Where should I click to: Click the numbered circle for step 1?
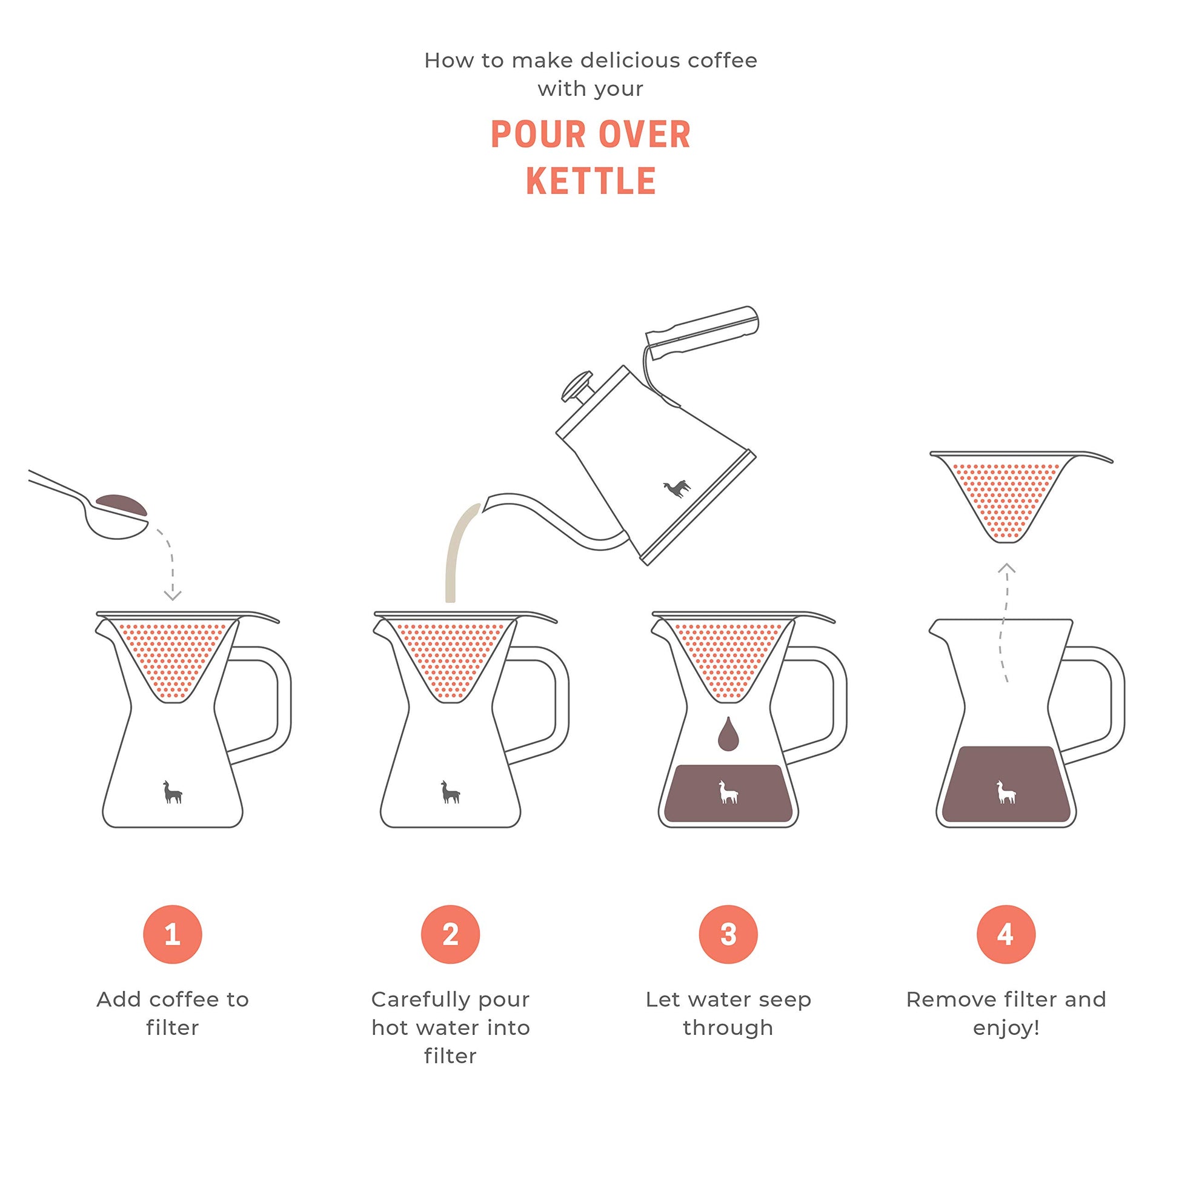pyautogui.click(x=173, y=934)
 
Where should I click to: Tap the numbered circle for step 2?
pyautogui.click(x=450, y=934)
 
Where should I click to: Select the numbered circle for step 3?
pyautogui.click(x=728, y=934)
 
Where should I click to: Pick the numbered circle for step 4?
pyautogui.click(x=1006, y=934)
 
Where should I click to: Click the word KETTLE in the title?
pyautogui.click(x=591, y=181)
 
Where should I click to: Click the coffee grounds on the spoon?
pyautogui.click(x=121, y=505)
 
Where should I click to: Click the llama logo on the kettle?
pyautogui.click(x=677, y=488)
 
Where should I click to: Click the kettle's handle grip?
pyautogui.click(x=703, y=332)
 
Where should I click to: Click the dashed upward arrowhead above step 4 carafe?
pyautogui.click(x=1006, y=568)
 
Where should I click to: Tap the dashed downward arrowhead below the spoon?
pyautogui.click(x=173, y=595)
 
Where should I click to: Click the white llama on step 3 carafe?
pyautogui.click(x=728, y=792)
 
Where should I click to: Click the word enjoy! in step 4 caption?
pyautogui.click(x=1006, y=1028)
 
